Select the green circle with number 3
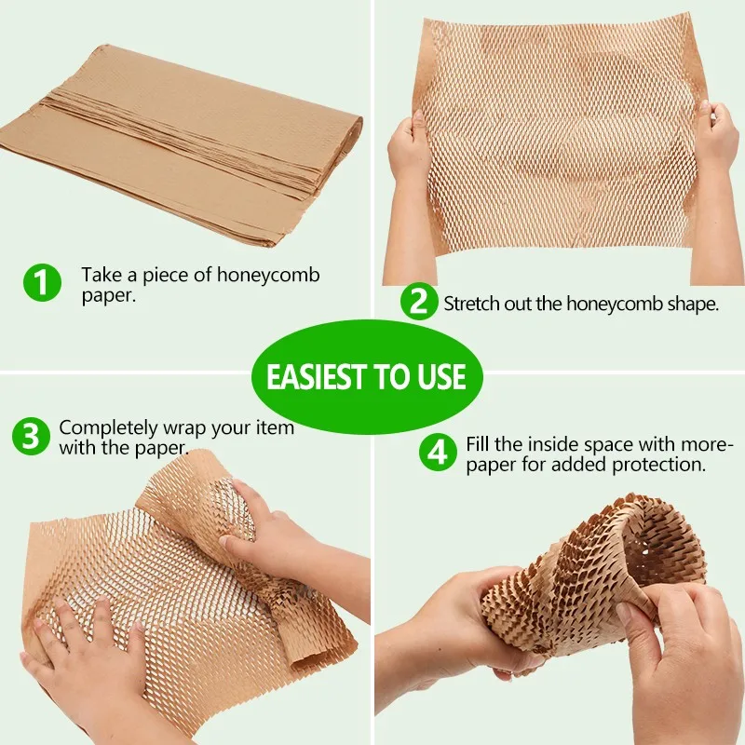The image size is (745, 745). (x=31, y=437)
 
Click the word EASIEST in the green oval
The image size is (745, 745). (x=318, y=377)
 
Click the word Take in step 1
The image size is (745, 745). (x=100, y=275)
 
